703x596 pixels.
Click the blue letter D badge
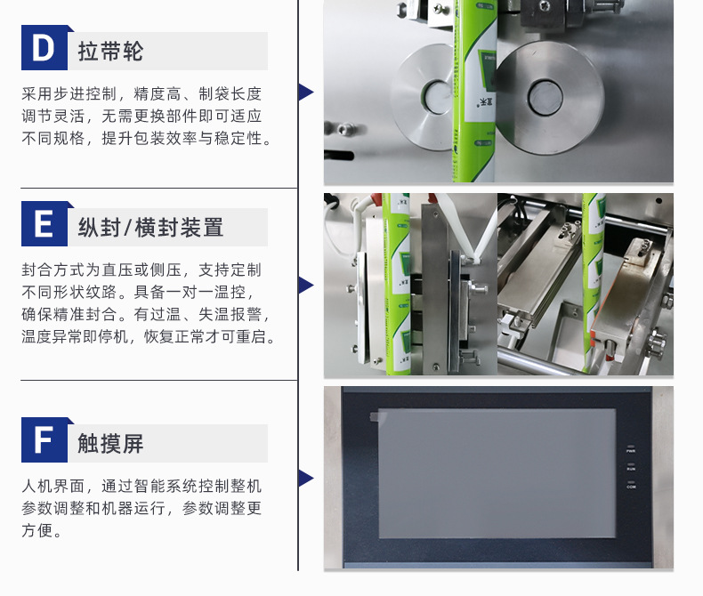[x=44, y=47]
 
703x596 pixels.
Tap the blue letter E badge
[x=44, y=224]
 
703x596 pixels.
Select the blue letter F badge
[x=44, y=440]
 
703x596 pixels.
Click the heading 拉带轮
[x=110, y=51]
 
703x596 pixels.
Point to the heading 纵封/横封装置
[x=150, y=227]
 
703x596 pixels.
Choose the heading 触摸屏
[x=110, y=444]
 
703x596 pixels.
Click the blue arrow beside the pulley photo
[x=306, y=93]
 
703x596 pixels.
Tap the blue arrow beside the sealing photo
[x=306, y=286]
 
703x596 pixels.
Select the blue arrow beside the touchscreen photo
[x=306, y=479]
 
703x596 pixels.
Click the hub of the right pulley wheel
[x=545, y=97]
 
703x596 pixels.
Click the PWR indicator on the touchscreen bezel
[x=631, y=449]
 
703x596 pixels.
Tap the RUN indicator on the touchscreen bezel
[x=631, y=467]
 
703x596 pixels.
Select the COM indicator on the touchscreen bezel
[x=631, y=485]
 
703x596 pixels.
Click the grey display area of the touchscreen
[x=497, y=473]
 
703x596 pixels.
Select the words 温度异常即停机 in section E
[x=75, y=336]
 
